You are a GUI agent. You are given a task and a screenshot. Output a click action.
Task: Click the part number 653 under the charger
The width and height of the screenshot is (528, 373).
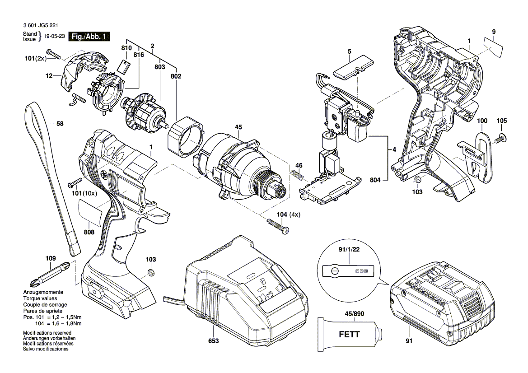(214, 341)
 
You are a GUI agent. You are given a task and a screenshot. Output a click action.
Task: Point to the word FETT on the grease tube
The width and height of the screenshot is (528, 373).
(349, 335)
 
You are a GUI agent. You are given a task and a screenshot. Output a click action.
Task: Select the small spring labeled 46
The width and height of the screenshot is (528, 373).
(296, 174)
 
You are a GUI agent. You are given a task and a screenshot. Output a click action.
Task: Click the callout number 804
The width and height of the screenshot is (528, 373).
(375, 180)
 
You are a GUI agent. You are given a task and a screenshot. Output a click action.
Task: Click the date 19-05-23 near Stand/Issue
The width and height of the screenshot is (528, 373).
(54, 37)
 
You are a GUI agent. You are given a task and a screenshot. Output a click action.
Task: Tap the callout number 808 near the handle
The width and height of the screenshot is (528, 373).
(89, 232)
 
